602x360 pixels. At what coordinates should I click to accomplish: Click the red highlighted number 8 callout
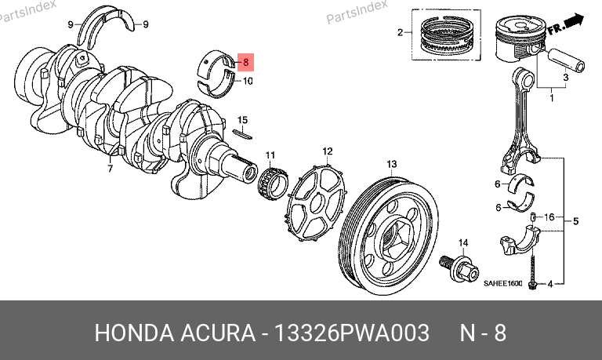(245, 62)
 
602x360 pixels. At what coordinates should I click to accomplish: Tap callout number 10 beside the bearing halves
(248, 81)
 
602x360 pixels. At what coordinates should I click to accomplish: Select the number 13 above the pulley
(391, 165)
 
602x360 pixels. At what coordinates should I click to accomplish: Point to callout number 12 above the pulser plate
(328, 151)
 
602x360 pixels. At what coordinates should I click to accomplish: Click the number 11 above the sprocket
(270, 155)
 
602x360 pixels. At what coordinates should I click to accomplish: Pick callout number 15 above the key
(242, 120)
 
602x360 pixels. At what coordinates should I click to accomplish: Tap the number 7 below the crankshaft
(111, 169)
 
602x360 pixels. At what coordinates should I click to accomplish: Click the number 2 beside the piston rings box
(400, 33)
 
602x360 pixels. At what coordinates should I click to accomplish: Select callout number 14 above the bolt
(463, 243)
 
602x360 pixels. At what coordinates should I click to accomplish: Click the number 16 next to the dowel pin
(549, 217)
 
